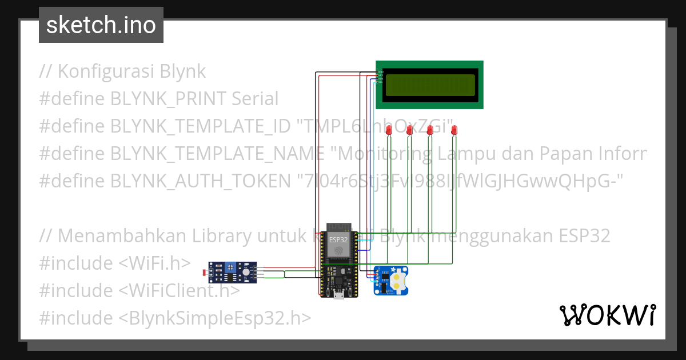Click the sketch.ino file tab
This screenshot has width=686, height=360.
tap(101, 25)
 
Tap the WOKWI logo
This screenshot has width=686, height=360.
tap(607, 315)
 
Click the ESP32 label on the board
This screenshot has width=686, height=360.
tap(338, 240)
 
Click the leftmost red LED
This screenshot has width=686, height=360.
tap(389, 130)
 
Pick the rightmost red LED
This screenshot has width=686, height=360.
tap(454, 130)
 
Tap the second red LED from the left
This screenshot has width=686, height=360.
tap(409, 130)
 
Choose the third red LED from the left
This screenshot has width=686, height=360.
tap(430, 130)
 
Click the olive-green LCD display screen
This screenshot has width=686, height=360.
tap(430, 85)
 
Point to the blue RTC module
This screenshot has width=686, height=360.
tap(391, 281)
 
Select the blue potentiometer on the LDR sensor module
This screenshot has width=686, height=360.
tap(232, 267)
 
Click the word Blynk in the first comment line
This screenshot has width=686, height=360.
tap(182, 71)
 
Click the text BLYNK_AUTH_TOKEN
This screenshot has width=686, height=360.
tap(200, 181)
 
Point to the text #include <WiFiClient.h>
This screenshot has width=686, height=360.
tap(139, 290)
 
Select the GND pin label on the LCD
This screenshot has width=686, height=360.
tap(378, 71)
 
